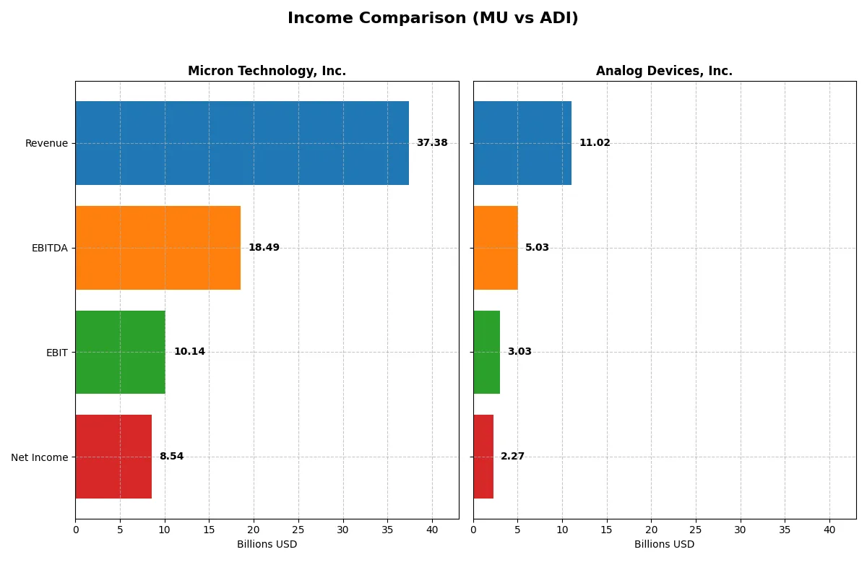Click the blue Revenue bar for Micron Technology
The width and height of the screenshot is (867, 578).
click(242, 143)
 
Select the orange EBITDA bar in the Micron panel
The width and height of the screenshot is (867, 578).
click(158, 248)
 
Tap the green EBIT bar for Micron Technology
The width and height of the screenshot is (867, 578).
click(120, 352)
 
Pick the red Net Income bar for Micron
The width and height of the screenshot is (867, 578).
click(113, 457)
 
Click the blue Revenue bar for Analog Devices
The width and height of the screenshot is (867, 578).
click(522, 143)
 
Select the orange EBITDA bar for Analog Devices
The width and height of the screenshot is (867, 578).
click(496, 248)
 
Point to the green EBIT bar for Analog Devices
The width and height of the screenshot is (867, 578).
click(486, 352)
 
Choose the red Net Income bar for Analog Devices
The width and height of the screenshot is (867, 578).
click(483, 457)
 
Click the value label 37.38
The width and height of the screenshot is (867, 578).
click(432, 143)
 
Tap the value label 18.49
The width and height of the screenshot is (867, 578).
click(264, 248)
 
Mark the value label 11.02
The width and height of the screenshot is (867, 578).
click(595, 143)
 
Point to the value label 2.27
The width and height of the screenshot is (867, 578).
click(512, 457)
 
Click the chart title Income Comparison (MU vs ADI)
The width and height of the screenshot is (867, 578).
click(433, 18)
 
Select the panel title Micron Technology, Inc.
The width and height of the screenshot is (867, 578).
click(267, 71)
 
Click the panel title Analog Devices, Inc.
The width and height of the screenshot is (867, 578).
click(664, 71)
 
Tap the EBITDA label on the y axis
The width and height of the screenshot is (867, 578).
click(50, 248)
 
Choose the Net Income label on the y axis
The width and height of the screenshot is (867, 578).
click(40, 457)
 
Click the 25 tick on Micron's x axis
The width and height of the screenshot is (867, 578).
click(298, 530)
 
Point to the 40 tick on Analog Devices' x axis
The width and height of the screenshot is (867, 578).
click(829, 530)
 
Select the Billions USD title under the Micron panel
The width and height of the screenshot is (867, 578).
click(267, 545)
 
